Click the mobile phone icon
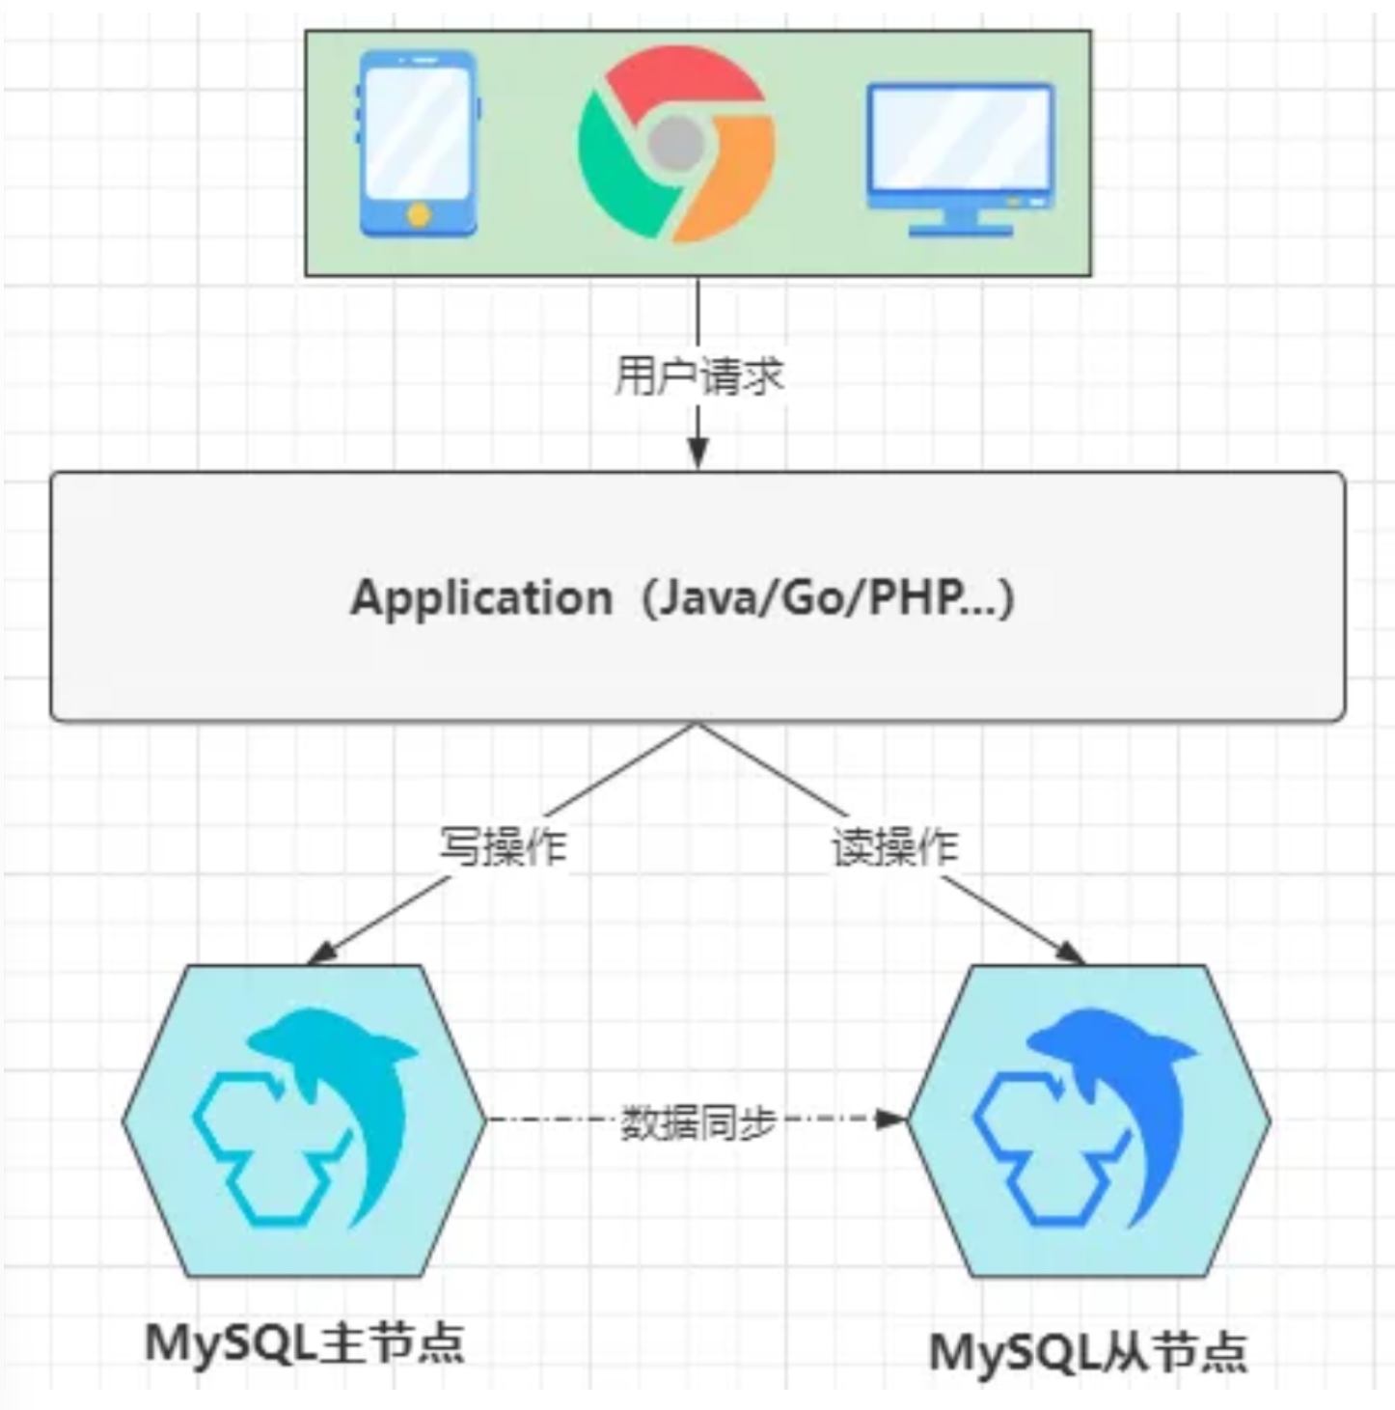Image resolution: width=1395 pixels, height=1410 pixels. (x=418, y=144)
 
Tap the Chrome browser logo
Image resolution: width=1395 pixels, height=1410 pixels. (x=676, y=145)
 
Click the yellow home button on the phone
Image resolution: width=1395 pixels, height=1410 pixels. (x=419, y=214)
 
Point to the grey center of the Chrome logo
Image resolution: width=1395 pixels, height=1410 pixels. (x=675, y=145)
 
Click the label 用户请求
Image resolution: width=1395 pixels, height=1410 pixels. (x=698, y=375)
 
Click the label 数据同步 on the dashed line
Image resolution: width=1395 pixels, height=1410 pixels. (x=697, y=1121)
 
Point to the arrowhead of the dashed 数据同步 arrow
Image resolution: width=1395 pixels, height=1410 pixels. (x=889, y=1120)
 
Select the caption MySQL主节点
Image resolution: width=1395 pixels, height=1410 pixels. (x=304, y=1342)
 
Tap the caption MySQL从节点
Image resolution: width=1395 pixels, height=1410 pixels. (x=1087, y=1352)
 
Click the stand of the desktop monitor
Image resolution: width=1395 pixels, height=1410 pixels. (x=960, y=224)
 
